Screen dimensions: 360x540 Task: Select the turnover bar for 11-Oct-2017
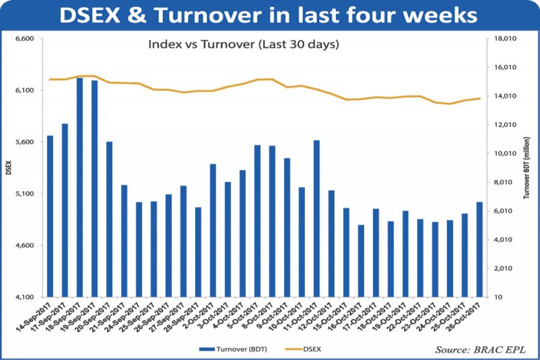pyautogui.click(x=316, y=218)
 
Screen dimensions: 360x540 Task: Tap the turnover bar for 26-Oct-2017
pyautogui.click(x=479, y=249)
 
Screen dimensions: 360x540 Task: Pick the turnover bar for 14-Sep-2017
pyautogui.click(x=50, y=216)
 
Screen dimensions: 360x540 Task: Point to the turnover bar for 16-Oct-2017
pyautogui.click(x=361, y=260)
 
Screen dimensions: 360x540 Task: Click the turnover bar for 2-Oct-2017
pyautogui.click(x=213, y=230)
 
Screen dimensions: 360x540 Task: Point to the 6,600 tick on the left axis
pyautogui.click(x=24, y=39)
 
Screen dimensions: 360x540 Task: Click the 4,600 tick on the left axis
pyautogui.click(x=24, y=245)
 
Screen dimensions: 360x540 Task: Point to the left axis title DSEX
pyautogui.click(x=8, y=168)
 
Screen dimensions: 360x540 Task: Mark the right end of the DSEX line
pyautogui.click(x=479, y=98)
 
